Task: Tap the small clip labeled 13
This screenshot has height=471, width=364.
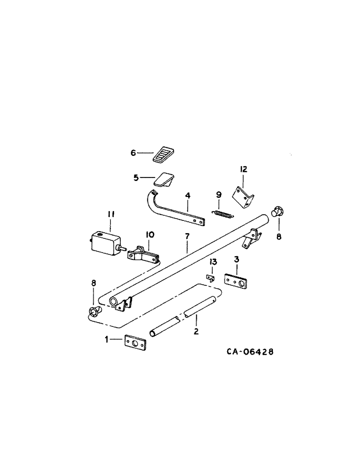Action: pos(211,278)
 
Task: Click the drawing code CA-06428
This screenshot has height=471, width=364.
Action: pos(249,352)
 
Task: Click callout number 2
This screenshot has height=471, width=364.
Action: pos(196,331)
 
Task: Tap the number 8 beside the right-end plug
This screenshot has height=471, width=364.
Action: pos(278,237)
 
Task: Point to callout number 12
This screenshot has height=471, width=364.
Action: pos(243,169)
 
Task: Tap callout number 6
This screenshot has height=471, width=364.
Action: pos(133,153)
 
